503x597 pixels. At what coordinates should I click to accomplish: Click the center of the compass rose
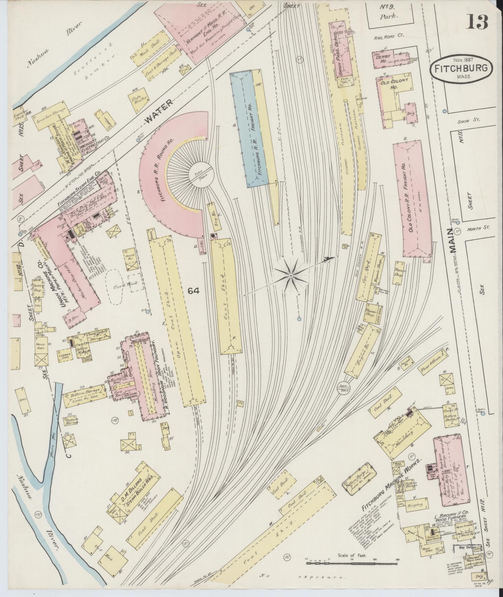pos(290,276)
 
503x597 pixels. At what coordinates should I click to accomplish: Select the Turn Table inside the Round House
pos(201,175)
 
